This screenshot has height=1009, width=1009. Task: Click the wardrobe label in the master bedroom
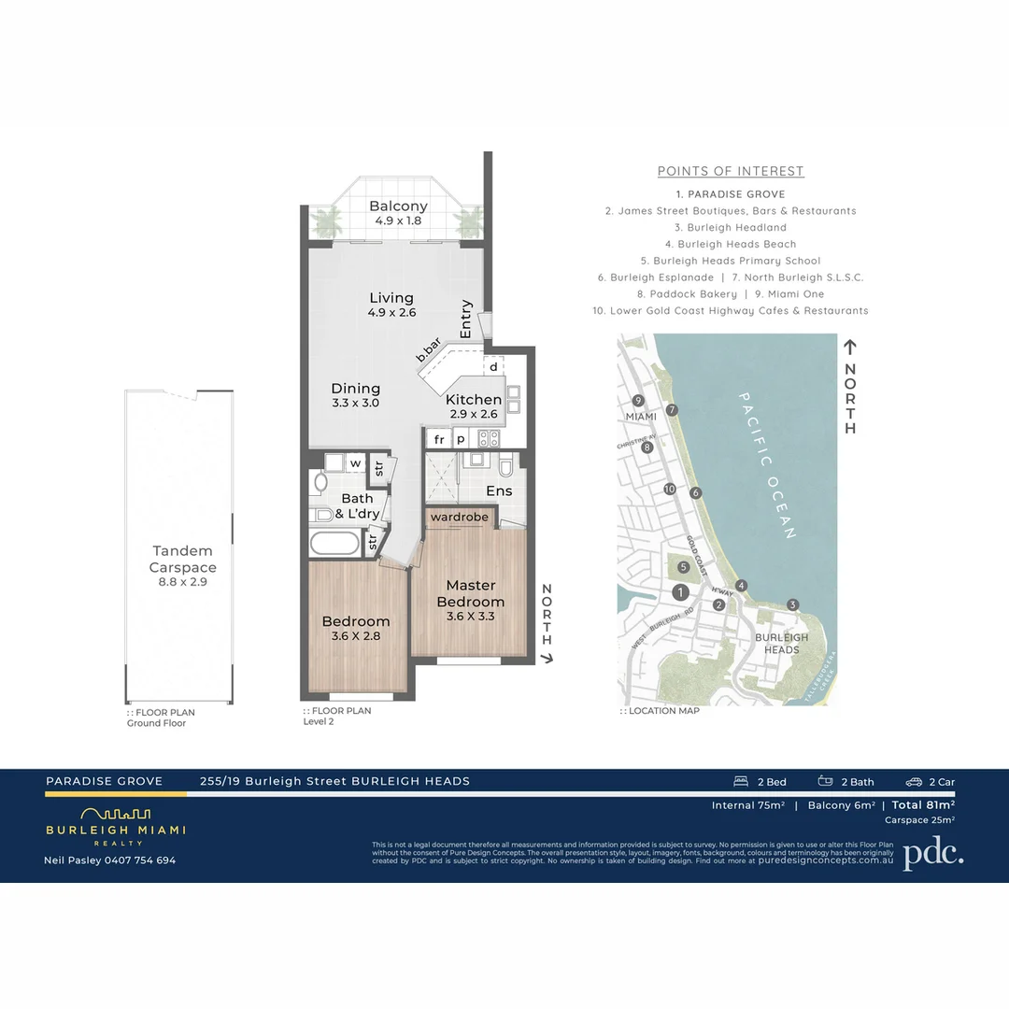click(459, 517)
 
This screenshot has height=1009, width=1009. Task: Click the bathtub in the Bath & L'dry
click(334, 545)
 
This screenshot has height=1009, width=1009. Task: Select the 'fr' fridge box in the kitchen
click(439, 439)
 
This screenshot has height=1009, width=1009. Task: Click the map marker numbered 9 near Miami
click(637, 401)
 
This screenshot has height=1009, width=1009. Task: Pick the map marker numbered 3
click(792, 604)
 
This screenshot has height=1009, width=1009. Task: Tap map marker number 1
click(681, 592)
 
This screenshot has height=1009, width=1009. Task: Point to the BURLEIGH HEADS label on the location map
click(781, 643)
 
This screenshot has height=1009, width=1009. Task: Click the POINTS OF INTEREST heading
click(731, 171)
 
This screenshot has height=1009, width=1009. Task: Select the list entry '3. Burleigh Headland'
click(731, 227)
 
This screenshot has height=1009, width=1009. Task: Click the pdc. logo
click(932, 853)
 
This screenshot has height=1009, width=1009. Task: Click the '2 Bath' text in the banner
click(856, 782)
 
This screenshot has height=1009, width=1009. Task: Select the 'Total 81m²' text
click(923, 804)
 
